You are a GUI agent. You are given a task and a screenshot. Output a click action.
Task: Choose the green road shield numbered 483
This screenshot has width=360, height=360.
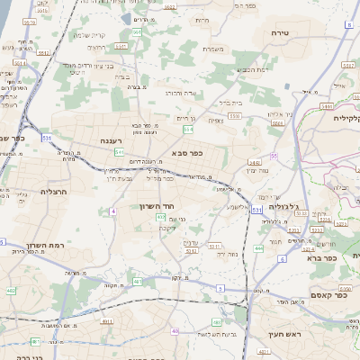(35, 342)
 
